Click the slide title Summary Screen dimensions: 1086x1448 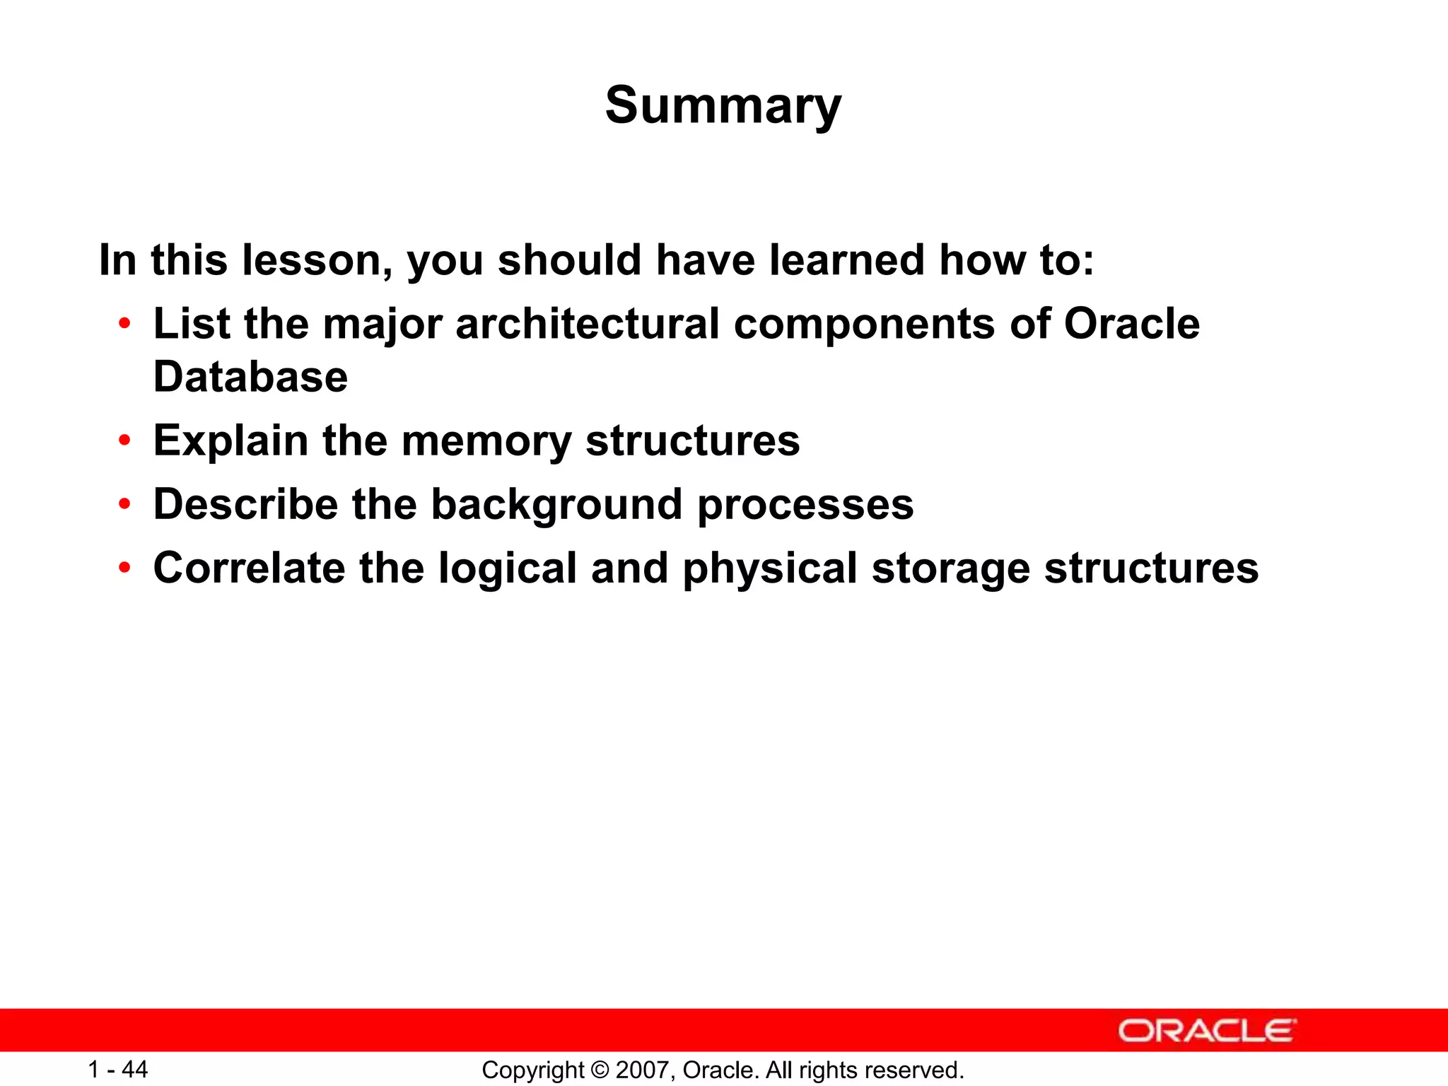[723, 106]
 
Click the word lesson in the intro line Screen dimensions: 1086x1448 [317, 260]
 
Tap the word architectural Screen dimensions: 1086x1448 [588, 324]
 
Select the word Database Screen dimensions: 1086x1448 [250, 377]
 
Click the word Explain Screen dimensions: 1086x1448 [230, 441]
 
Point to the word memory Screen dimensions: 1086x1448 [486, 441]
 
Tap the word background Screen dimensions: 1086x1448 [556, 505]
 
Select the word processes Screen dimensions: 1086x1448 [805, 505]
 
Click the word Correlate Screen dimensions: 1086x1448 [249, 568]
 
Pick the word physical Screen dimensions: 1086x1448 [770, 568]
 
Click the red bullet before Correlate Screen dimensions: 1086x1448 [125, 568]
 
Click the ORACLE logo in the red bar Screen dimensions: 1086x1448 [1207, 1031]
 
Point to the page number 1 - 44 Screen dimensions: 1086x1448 [117, 1070]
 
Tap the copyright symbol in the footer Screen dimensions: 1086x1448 [600, 1070]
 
